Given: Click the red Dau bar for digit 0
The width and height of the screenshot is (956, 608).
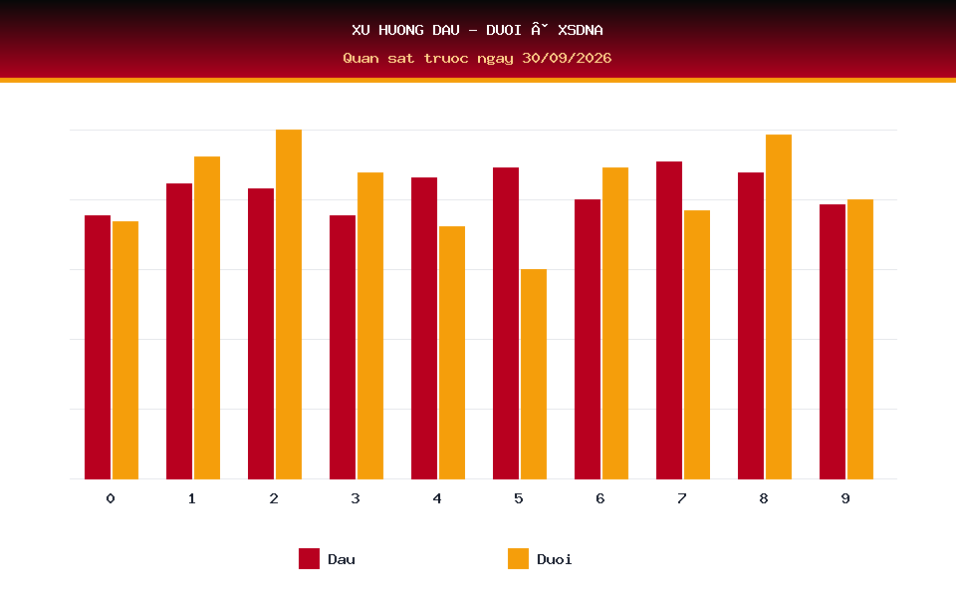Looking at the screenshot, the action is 98,347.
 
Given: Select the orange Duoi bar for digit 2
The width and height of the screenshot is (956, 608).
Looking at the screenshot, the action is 289,305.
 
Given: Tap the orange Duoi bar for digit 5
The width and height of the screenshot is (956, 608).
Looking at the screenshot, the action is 534,374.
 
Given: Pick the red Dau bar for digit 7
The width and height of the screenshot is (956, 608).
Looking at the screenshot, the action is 669,321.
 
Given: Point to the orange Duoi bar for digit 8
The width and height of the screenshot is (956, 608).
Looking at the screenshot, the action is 779,307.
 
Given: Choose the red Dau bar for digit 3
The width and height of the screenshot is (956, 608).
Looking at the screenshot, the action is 343,347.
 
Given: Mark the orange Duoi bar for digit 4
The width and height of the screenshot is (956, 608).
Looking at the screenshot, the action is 452,353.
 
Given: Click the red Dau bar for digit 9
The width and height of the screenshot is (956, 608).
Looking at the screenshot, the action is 833,342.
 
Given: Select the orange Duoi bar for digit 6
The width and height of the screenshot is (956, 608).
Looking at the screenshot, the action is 615,324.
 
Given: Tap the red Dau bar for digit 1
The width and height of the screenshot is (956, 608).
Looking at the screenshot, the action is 179,332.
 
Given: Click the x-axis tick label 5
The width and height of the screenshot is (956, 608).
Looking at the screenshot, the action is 519,498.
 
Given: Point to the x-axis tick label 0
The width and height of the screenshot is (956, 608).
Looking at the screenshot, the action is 111,498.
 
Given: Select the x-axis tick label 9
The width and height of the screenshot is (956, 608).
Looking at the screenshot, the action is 845,498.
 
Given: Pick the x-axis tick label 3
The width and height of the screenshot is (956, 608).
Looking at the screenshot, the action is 356,498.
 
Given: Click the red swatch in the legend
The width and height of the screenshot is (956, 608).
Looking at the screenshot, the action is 309,558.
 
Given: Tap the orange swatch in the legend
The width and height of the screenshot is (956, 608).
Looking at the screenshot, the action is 518,558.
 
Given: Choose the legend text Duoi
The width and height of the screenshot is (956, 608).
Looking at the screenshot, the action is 555,559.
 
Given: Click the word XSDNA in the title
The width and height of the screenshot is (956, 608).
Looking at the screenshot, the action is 581,30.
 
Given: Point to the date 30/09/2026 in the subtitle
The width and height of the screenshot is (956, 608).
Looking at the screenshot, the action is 567,58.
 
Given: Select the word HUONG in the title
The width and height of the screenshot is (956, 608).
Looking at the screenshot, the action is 401,30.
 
